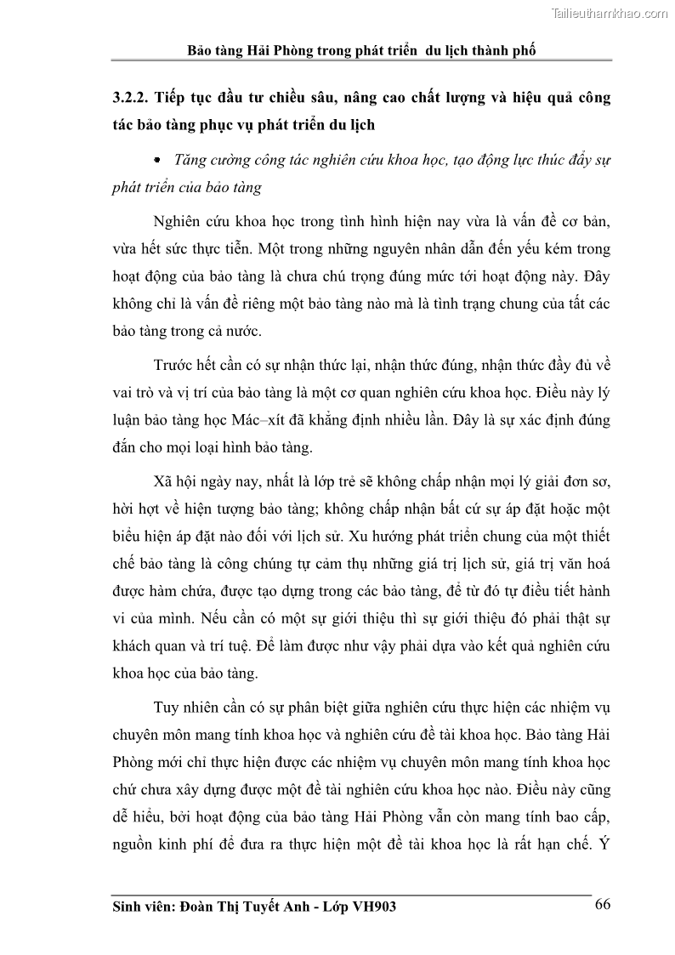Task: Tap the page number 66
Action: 602,904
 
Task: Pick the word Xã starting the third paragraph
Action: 165,481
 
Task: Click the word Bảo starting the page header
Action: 201,50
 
